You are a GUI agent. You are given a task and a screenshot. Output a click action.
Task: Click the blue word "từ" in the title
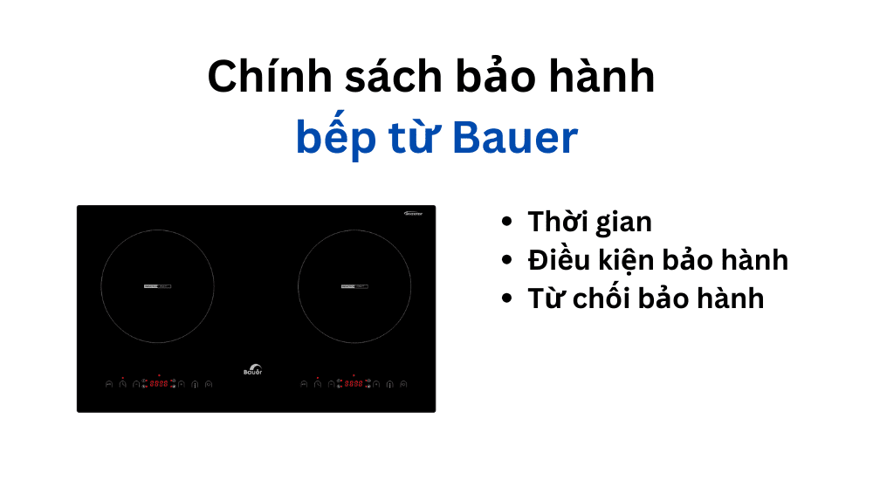(x=411, y=138)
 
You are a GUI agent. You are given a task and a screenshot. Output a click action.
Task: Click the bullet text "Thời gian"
(x=589, y=222)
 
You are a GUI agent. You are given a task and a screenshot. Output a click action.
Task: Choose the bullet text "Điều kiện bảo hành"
(x=657, y=259)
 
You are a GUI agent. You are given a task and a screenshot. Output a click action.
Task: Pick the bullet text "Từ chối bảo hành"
(x=645, y=298)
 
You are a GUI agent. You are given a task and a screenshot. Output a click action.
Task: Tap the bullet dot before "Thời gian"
(x=507, y=223)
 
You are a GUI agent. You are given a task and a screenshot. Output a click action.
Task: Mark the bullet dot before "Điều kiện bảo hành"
(x=507, y=260)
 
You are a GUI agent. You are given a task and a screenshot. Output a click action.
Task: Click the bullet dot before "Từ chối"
(x=507, y=298)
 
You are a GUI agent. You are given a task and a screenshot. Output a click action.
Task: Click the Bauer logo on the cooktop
(x=252, y=368)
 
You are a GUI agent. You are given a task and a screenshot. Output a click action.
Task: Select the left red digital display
(x=159, y=383)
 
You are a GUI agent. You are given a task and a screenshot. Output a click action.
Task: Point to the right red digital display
(x=354, y=383)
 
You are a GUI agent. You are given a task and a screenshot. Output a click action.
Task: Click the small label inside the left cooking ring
(x=157, y=286)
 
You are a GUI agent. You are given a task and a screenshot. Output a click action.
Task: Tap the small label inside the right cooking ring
(x=354, y=286)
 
